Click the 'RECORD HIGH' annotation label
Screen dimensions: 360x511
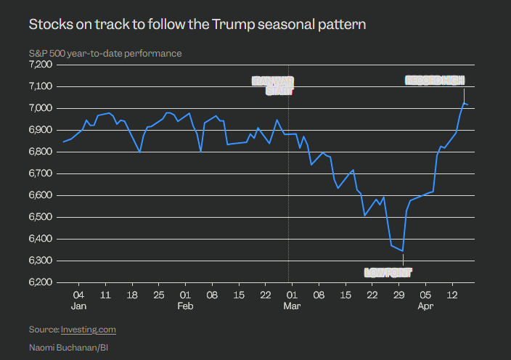coord(434,81)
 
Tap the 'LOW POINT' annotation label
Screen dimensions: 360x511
coord(388,273)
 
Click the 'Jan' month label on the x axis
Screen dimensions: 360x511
coord(79,306)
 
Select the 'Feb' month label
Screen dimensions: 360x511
coord(185,306)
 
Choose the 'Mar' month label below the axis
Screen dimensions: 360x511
coord(292,306)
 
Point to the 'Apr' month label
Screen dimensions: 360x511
coord(426,306)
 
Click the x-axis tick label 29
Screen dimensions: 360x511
coord(398,295)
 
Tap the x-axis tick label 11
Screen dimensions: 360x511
coord(105,295)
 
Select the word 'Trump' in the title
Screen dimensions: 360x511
coord(231,25)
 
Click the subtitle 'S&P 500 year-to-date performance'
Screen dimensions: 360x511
coord(105,53)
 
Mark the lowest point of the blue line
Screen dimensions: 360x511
coord(402,251)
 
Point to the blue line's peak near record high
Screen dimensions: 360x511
coord(464,103)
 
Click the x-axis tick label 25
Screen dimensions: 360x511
coord(158,295)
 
